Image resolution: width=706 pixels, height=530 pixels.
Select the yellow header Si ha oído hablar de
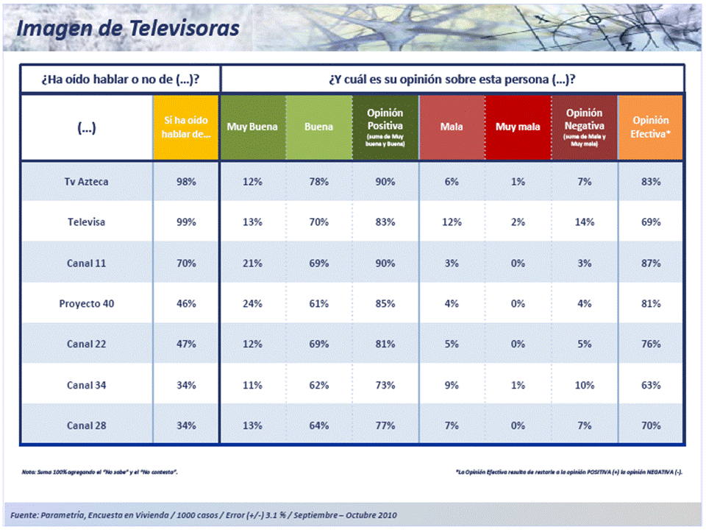186,127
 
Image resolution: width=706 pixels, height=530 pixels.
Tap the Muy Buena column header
252,127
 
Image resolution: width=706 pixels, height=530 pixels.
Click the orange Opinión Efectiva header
651,127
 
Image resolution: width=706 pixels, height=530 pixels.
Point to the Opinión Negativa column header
585,127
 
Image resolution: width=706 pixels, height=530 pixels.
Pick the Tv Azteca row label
86,181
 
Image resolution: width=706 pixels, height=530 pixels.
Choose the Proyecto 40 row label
86,303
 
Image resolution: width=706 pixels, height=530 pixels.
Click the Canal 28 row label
86,425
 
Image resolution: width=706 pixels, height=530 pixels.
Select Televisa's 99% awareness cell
186,222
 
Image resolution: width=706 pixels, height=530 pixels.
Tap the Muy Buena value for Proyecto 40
252,303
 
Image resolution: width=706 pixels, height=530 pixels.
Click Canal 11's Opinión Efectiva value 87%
651,263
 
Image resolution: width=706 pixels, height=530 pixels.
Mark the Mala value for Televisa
452,222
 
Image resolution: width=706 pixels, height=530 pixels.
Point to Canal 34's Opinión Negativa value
585,385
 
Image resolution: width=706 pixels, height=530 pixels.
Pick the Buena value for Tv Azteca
318,181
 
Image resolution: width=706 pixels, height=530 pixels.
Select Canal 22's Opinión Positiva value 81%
385,344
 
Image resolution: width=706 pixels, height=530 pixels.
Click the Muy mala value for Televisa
518,222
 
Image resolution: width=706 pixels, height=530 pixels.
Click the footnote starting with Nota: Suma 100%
100,471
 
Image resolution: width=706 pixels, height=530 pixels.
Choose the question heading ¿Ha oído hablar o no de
121,79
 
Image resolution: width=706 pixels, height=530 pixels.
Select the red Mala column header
452,127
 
